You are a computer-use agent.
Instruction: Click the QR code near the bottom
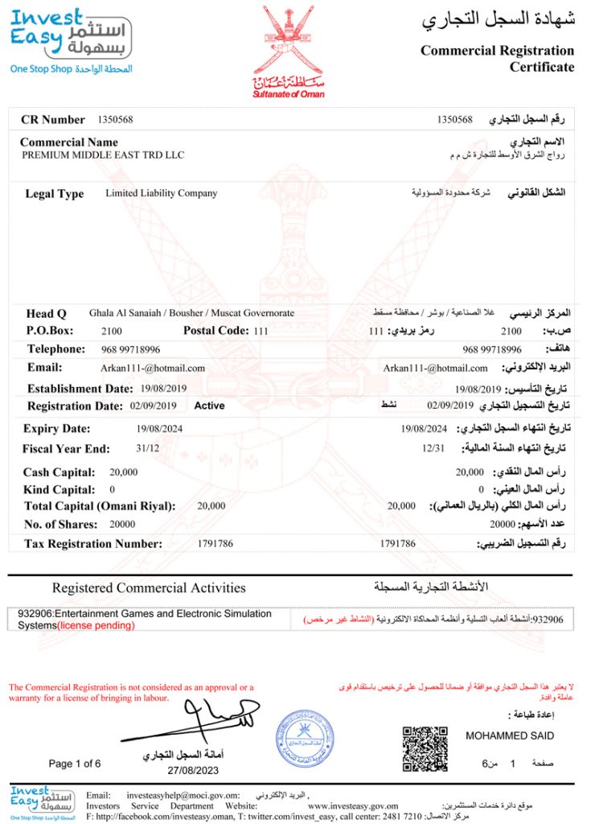(x=425, y=748)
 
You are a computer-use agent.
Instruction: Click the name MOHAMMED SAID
(x=510, y=735)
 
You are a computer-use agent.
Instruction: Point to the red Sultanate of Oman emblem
(x=289, y=50)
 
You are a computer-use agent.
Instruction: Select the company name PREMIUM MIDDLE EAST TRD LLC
(x=103, y=154)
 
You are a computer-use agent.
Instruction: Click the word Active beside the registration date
(x=209, y=406)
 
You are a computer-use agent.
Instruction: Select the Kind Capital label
(x=59, y=489)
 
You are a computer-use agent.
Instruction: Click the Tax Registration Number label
(x=93, y=544)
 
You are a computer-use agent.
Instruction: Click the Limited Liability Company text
(x=161, y=193)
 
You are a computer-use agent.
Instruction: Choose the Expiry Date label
(x=56, y=429)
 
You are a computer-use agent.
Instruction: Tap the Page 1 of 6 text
(x=75, y=763)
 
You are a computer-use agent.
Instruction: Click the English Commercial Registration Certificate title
(x=497, y=59)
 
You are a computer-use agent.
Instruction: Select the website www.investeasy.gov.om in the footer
(x=353, y=805)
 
